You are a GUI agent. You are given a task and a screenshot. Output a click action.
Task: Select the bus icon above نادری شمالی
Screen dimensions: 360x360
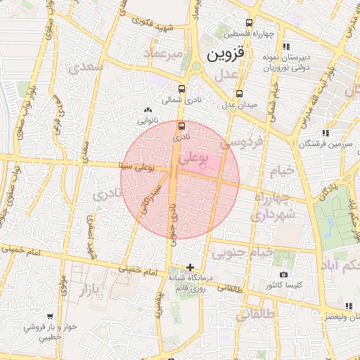click(x=182, y=89)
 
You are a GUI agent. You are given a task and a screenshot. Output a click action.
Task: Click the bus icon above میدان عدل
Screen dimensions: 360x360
click(x=240, y=93)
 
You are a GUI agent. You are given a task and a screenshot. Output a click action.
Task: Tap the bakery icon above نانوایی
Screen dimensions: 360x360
click(x=147, y=110)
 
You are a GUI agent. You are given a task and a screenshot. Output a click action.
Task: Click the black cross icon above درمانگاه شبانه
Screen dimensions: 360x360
click(x=190, y=266)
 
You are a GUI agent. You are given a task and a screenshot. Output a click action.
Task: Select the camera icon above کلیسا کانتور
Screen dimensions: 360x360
click(x=283, y=274)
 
